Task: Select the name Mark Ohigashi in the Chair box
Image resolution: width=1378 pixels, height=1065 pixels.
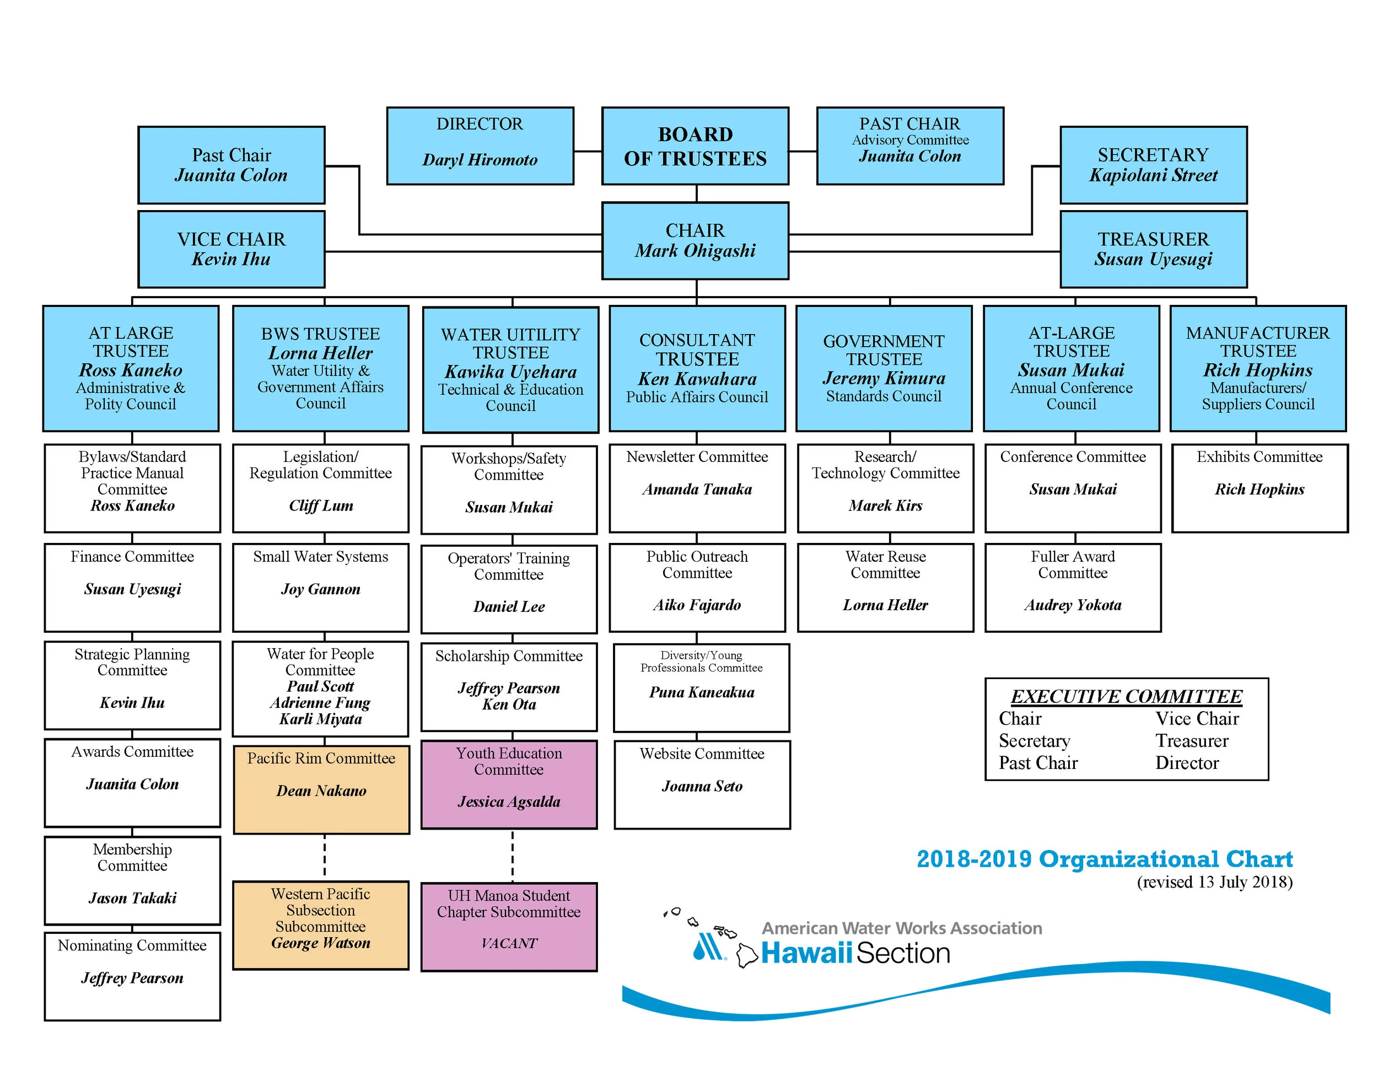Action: (695, 251)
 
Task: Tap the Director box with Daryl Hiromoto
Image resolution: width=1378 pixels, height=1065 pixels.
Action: (480, 146)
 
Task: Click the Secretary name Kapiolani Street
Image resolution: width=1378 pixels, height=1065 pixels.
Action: (1153, 175)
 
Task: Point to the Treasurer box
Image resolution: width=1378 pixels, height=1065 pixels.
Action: (1153, 249)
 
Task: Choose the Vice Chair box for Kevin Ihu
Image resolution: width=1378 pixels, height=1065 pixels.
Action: (231, 249)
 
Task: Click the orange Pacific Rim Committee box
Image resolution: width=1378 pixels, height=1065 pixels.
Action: (321, 789)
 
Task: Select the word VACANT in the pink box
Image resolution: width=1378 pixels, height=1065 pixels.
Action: (509, 943)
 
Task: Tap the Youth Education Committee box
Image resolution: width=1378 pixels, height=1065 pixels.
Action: (509, 784)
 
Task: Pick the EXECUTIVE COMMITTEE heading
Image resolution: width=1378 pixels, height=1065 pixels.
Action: (1126, 697)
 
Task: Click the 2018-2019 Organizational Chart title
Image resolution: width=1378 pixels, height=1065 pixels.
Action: (1104, 859)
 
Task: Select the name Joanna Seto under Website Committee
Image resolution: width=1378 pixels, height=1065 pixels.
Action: (702, 786)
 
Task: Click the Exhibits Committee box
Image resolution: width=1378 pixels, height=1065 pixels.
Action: (1259, 488)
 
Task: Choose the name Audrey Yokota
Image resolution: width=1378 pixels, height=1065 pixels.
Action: (1073, 605)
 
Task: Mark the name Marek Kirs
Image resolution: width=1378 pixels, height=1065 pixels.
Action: (885, 505)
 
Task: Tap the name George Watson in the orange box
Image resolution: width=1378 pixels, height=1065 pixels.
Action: (321, 943)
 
